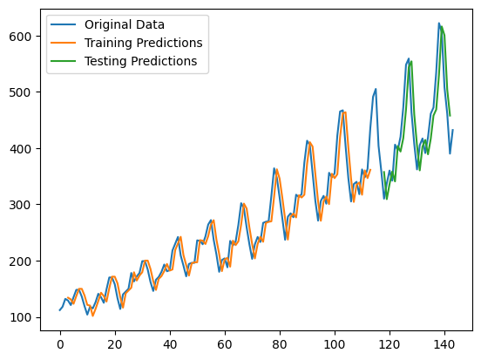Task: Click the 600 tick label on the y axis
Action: pos(20,37)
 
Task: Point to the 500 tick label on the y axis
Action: pos(20,92)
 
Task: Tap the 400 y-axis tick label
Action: pos(20,149)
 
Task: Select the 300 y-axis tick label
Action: pos(20,205)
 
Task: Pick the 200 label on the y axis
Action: pos(20,262)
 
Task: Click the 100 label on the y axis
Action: pos(20,317)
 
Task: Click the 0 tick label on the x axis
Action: pos(60,344)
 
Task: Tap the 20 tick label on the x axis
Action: pos(115,344)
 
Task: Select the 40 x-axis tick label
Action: pos(170,344)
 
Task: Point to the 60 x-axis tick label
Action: pos(225,344)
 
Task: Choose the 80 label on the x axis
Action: pos(280,344)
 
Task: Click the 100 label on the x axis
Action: pos(335,344)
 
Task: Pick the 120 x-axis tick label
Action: pos(390,344)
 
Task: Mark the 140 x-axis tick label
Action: pos(444,344)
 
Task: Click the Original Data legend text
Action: pos(125,24)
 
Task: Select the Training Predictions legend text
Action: pos(144,43)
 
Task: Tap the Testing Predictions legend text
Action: pos(141,61)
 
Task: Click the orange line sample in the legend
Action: pos(64,43)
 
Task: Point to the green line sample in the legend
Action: pos(64,61)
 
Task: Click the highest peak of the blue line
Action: pos(438,23)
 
